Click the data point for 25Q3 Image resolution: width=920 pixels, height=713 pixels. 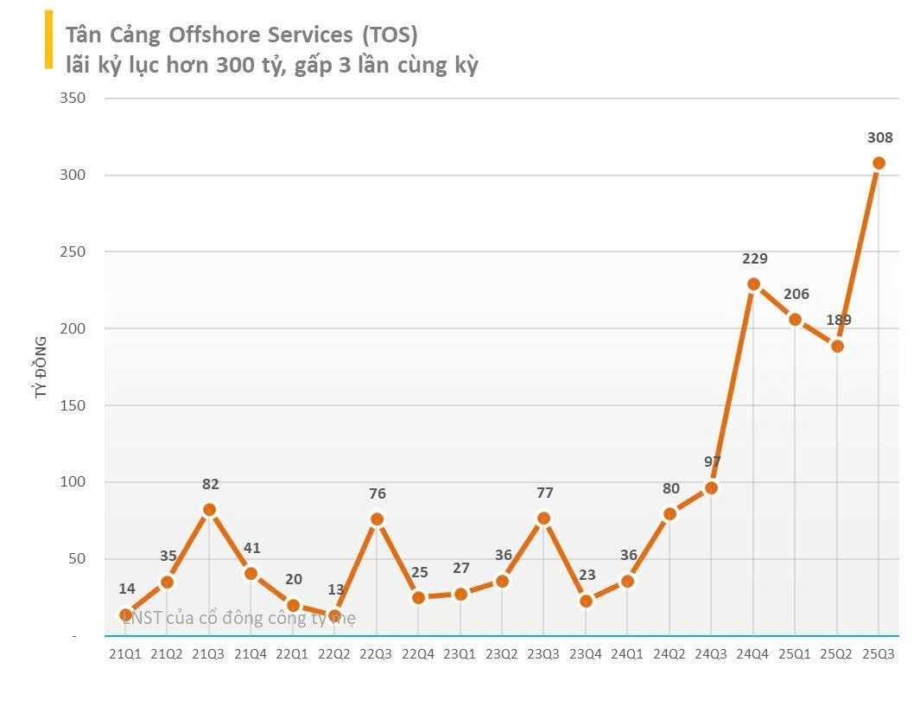(x=879, y=163)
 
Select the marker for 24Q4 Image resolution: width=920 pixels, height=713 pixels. (x=753, y=284)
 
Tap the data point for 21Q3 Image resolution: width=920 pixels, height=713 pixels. (x=209, y=510)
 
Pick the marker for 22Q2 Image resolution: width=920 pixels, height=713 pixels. (x=334, y=616)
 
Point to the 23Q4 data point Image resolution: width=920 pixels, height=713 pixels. (x=586, y=601)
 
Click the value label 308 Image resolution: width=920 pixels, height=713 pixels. (x=879, y=137)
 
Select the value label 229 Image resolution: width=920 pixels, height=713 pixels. (x=754, y=258)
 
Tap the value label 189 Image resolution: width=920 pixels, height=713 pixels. (x=838, y=320)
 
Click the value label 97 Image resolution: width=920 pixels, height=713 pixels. (x=713, y=462)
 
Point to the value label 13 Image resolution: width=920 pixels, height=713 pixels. (x=336, y=590)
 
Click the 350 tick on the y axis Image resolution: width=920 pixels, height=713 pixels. (x=73, y=99)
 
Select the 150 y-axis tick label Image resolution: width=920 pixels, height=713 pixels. (x=73, y=405)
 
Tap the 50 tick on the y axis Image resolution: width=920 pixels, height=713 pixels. (x=77, y=559)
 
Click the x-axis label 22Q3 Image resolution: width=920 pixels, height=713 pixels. (x=377, y=654)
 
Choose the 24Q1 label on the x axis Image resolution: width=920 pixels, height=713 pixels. (x=627, y=654)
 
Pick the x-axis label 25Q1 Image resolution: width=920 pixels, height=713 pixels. (x=795, y=654)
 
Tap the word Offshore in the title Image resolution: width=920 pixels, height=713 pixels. (x=216, y=35)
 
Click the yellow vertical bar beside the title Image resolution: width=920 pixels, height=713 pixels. (x=48, y=39)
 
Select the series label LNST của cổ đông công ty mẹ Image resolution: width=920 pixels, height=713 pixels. (x=238, y=618)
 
